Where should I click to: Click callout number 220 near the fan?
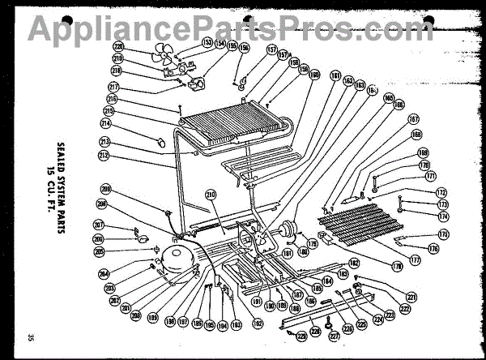118,47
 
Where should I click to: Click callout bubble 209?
105,190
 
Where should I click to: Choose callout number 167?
413,118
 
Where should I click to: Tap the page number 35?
30,337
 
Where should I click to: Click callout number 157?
249,49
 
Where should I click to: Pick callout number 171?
430,176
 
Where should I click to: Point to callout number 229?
301,337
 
